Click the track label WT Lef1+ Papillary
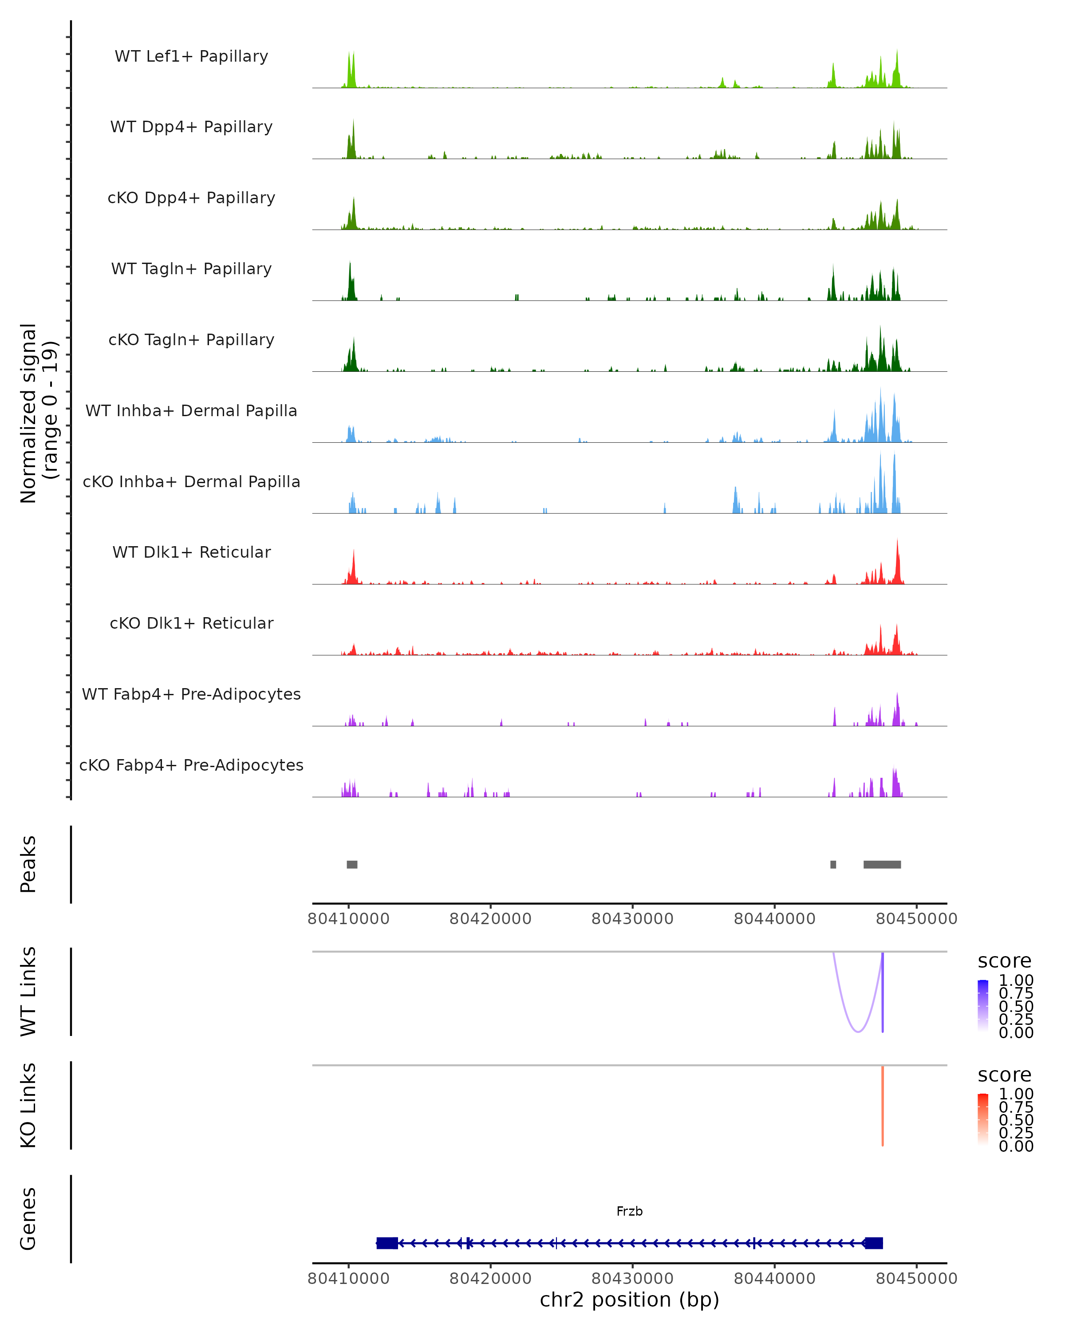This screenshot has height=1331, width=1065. [191, 56]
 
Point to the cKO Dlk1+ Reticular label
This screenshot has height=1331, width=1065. [191, 623]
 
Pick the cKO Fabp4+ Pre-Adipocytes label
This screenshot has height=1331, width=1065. [191, 765]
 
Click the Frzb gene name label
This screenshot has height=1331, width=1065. [629, 1211]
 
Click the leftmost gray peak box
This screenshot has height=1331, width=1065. [352, 864]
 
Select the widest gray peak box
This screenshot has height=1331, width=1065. [882, 864]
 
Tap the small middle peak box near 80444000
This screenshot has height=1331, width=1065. [833, 864]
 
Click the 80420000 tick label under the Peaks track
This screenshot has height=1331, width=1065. [490, 919]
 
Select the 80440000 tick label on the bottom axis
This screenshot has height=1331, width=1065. [774, 1278]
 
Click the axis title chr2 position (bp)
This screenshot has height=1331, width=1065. [629, 1300]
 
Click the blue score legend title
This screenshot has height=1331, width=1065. [1004, 961]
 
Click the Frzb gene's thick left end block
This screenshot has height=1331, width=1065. [387, 1243]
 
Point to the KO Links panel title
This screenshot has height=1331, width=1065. [28, 1105]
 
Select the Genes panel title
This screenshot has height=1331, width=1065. [28, 1219]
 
